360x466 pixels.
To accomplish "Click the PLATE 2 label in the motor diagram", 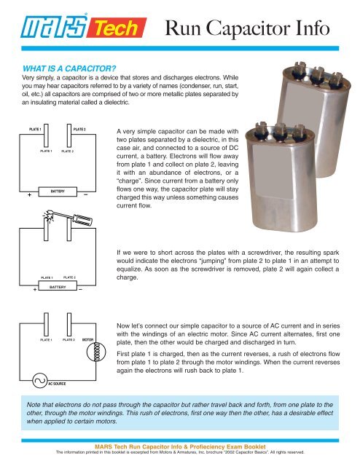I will [x=70, y=339].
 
